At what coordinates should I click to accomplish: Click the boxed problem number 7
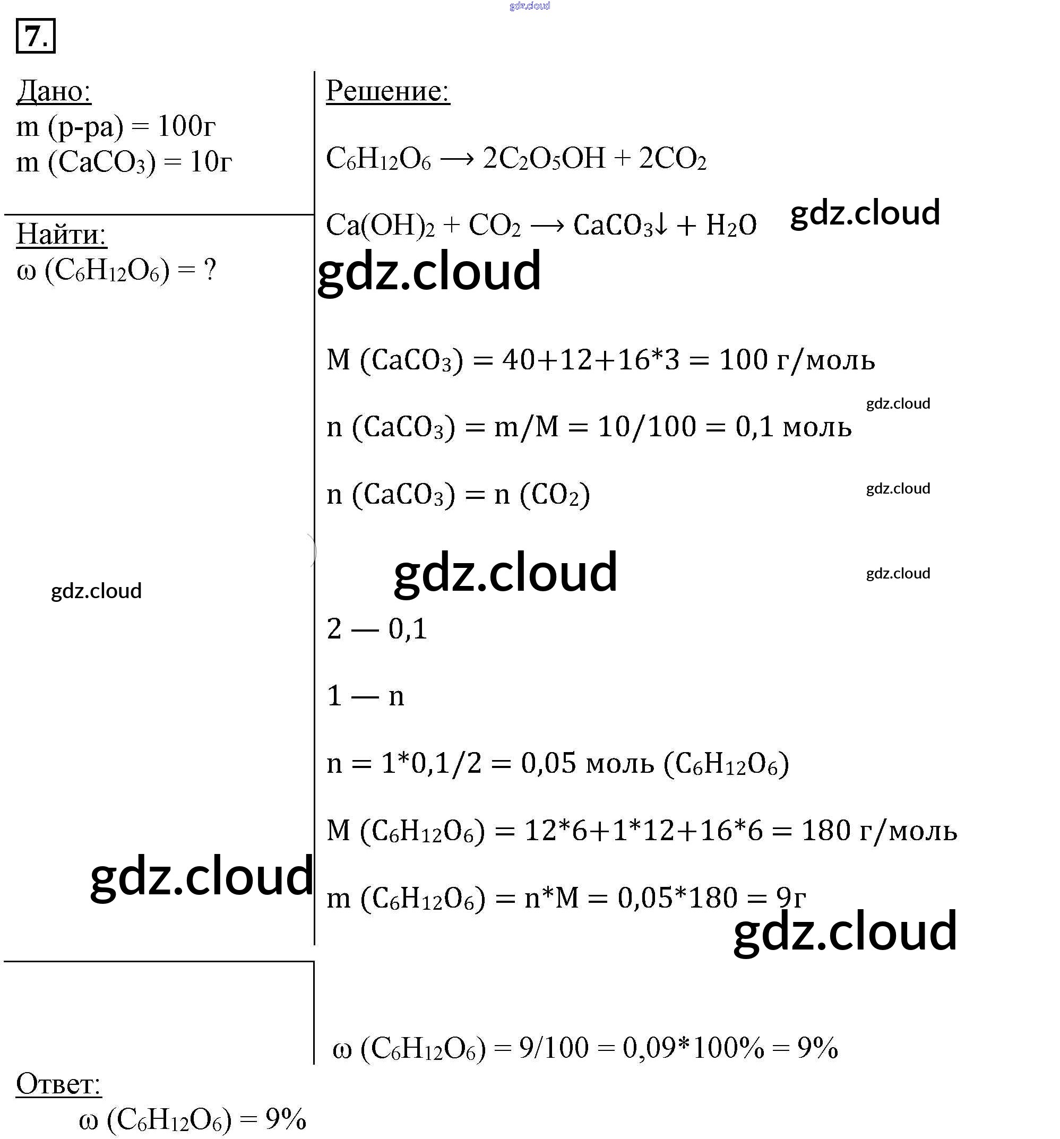(x=36, y=36)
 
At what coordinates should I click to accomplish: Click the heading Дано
(x=54, y=91)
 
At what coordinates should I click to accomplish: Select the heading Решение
(x=387, y=91)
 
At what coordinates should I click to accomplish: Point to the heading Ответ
(x=58, y=1083)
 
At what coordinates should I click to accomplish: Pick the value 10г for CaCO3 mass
(x=210, y=162)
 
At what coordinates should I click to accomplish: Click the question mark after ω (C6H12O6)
(x=210, y=269)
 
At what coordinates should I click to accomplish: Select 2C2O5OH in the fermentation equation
(x=543, y=159)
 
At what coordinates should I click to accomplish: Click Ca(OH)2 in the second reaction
(x=380, y=225)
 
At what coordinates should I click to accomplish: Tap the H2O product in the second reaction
(x=730, y=225)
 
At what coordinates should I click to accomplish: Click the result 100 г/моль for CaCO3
(x=796, y=360)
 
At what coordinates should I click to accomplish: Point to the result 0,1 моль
(x=793, y=427)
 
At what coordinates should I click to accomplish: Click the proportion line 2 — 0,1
(x=376, y=629)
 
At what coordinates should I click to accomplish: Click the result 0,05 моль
(x=587, y=764)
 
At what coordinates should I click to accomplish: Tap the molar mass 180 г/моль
(x=878, y=831)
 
